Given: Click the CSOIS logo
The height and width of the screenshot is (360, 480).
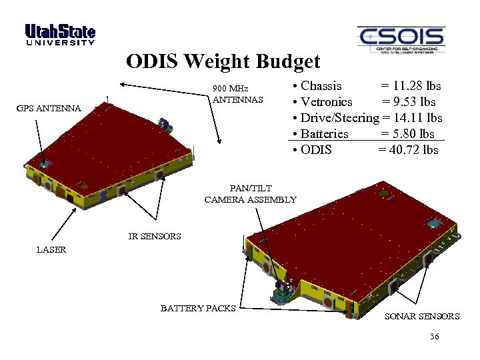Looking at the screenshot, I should click(400, 39).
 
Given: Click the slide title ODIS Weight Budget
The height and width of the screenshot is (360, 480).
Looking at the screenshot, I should click(223, 62).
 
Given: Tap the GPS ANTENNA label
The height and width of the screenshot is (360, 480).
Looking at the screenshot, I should click(49, 108).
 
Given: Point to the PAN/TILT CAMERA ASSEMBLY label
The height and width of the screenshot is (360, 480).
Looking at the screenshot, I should click(250, 194).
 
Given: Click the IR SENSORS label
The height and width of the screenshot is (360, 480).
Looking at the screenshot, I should click(155, 236).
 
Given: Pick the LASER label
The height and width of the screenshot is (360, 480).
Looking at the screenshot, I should click(51, 249).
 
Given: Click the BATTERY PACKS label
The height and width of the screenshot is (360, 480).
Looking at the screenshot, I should click(198, 308).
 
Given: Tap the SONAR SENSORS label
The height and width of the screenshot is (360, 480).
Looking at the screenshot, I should click(422, 316).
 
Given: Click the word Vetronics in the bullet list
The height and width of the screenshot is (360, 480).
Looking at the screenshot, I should click(327, 102).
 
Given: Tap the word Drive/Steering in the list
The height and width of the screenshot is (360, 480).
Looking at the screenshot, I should click(339, 118).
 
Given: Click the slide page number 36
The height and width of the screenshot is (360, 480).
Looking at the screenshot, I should click(434, 337).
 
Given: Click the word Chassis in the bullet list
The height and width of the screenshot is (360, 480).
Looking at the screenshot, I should click(321, 86).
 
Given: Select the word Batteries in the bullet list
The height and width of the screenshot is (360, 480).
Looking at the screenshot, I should click(325, 134).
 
